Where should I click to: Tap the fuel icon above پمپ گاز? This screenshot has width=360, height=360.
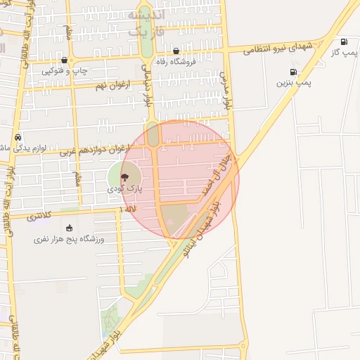click(344, 41)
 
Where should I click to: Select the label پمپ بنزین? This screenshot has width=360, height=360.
click(293, 83)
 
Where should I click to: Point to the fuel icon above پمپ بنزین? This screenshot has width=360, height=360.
click(293, 72)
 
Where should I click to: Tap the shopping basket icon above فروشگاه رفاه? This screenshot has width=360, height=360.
click(176, 51)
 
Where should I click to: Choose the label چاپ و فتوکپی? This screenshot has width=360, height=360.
click(64, 70)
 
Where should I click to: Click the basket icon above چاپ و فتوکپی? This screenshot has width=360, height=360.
click(64, 60)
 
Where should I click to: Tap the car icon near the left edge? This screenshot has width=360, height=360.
click(18, 137)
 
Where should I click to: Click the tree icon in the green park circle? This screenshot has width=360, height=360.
click(124, 177)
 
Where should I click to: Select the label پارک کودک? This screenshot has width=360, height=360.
click(124, 189)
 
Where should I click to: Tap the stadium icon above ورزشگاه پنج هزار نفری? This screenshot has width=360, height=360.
click(69, 228)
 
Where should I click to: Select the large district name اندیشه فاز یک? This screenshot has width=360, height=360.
click(148, 23)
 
